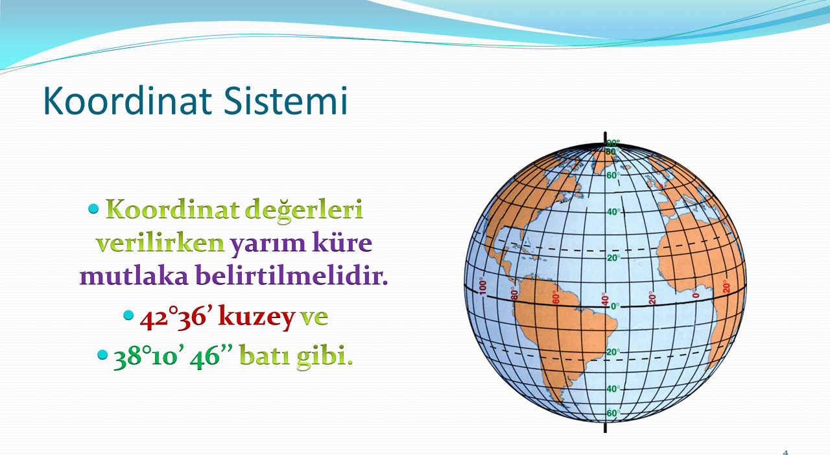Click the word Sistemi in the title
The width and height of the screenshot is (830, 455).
pos(285,101)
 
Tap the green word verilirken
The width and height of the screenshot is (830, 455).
pos(160,243)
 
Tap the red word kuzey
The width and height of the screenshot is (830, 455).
pos(257,317)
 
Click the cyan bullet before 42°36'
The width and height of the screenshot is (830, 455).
pos(128,315)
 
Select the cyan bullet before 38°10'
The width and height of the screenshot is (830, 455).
pos(102,355)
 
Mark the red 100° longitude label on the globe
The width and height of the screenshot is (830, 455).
pos(482,286)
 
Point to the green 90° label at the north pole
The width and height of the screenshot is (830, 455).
pos(613,143)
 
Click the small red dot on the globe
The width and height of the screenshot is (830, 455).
pos(661,186)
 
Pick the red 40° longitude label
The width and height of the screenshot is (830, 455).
pos(605,299)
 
